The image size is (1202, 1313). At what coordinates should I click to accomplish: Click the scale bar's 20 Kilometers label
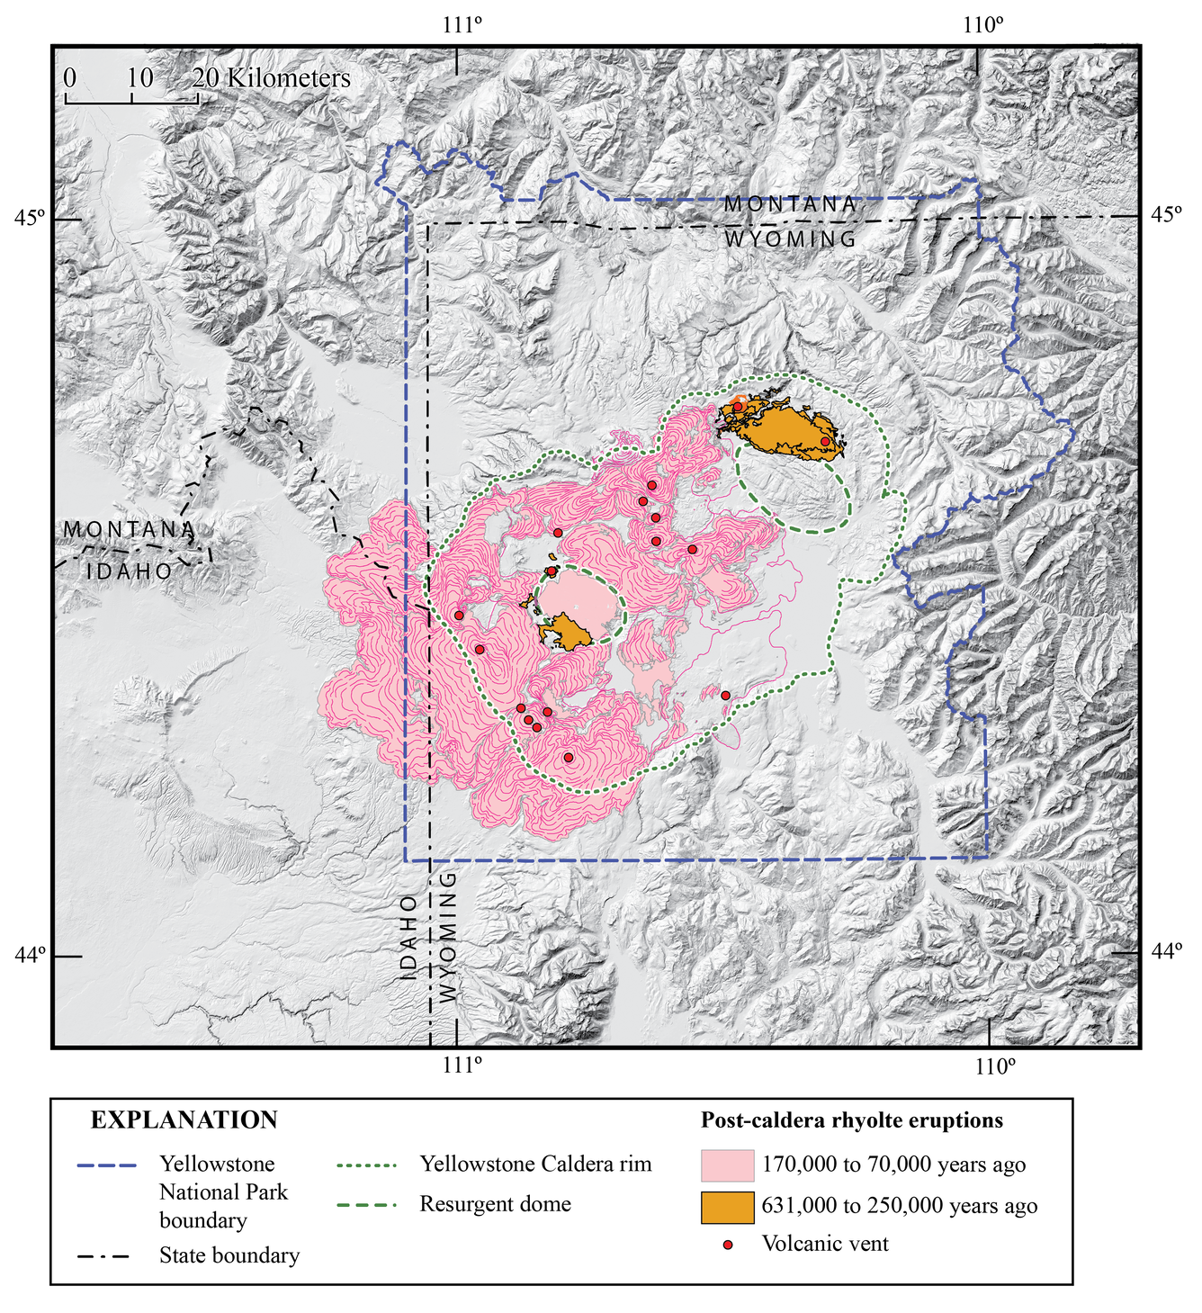[272, 78]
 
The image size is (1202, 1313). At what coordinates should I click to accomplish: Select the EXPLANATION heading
[184, 1120]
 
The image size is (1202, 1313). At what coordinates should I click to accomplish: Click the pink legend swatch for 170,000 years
[727, 1165]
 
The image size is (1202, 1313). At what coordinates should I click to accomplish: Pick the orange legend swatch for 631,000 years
[727, 1206]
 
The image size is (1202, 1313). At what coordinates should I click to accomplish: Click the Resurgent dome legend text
[495, 1204]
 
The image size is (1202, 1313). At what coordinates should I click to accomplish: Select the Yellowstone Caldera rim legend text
[535, 1164]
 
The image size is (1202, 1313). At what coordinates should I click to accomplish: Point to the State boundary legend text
[229, 1255]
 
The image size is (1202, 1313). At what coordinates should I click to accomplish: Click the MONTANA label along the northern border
[791, 205]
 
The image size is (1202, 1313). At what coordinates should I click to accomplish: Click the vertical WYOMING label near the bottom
[447, 936]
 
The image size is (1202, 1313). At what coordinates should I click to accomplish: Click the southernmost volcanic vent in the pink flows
[568, 758]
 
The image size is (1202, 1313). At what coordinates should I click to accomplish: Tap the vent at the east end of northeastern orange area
[825, 441]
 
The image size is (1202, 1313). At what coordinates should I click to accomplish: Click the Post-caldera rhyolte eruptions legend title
[851, 1120]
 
